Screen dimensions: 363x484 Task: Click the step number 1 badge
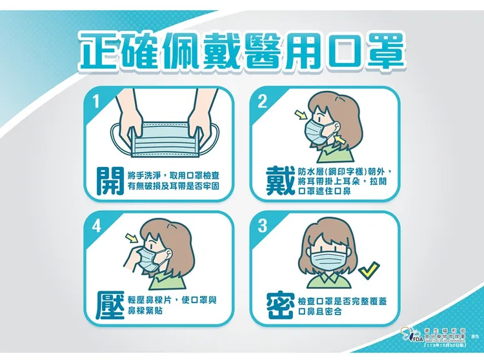pyautogui.click(x=96, y=101)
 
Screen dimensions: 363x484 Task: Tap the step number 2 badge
pyautogui.click(x=262, y=101)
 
